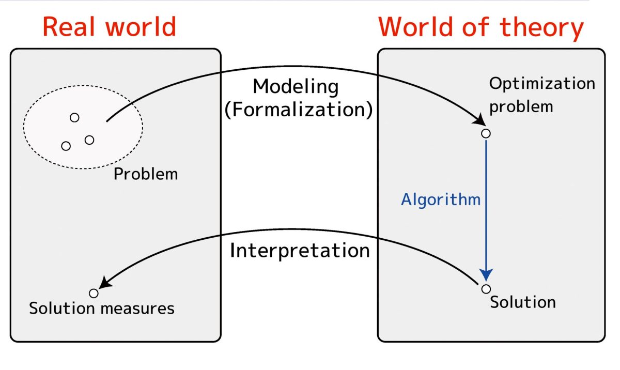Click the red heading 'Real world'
click(109, 27)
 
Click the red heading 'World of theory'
click(481, 27)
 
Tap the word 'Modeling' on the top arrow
click(296, 86)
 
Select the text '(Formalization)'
click(298, 110)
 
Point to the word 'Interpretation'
click(300, 251)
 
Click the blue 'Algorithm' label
click(441, 199)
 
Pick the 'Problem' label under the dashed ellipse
click(146, 174)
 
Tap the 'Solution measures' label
click(102, 309)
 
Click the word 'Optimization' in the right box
click(542, 84)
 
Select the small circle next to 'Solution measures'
click(94, 293)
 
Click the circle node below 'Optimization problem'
click(486, 133)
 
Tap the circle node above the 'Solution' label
click(486, 288)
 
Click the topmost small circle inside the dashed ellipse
click(74, 117)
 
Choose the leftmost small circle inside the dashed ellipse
click(66, 146)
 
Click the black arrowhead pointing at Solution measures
click(105, 282)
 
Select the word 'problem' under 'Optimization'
click(521, 106)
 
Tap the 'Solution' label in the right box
click(523, 302)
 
